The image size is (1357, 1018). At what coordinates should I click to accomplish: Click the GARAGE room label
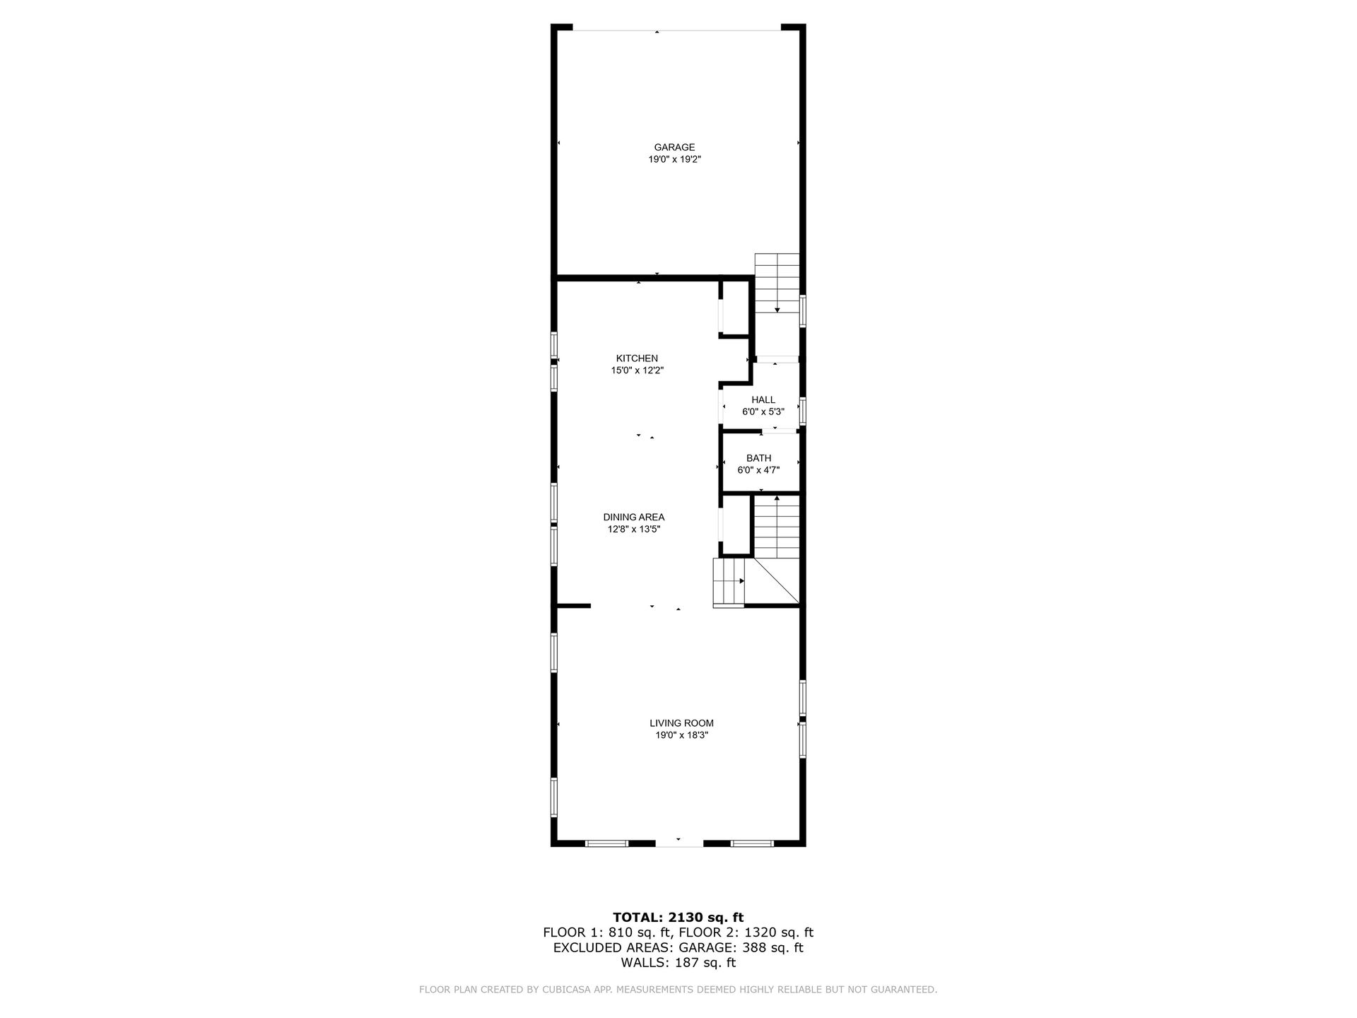[674, 147]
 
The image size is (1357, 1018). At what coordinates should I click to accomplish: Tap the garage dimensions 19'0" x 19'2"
[674, 160]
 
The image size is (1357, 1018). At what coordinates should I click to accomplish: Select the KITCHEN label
[637, 358]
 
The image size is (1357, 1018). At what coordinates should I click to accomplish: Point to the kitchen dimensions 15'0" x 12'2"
[637, 370]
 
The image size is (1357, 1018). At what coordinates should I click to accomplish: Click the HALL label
[763, 400]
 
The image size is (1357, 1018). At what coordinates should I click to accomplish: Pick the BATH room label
[758, 458]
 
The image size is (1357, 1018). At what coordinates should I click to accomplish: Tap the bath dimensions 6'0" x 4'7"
[758, 470]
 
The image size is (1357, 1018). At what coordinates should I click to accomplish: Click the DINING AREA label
[633, 517]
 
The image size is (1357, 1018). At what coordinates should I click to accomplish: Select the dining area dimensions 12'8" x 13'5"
[633, 529]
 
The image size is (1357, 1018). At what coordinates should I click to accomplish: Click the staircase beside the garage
[777, 283]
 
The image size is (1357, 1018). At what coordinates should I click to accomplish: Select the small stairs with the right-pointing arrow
[729, 582]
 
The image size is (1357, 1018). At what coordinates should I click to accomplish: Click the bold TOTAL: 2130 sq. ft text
[678, 918]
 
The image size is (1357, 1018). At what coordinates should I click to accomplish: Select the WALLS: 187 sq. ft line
[678, 963]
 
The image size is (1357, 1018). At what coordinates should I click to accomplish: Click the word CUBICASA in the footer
[562, 990]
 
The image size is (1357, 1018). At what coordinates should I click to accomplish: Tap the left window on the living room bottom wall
[606, 843]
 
